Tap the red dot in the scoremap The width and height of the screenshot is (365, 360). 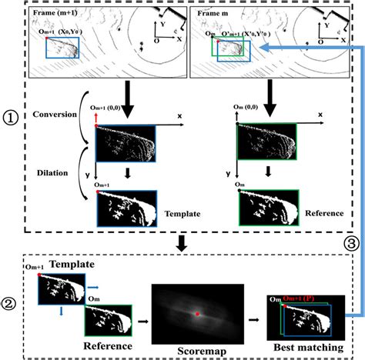pos(197,313)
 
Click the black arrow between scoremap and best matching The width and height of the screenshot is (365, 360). pos(251,314)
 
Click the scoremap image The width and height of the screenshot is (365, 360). pos(197,308)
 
